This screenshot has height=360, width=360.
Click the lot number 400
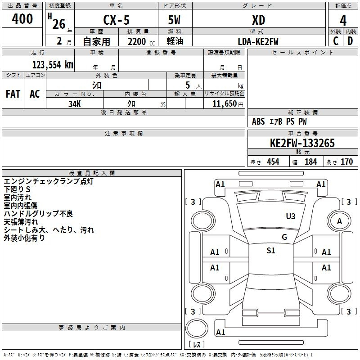click(x=22, y=18)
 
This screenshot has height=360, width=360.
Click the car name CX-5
click(x=116, y=20)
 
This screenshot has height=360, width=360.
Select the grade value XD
click(x=258, y=20)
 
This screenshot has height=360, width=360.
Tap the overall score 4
click(x=343, y=21)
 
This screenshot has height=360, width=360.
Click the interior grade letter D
click(x=350, y=41)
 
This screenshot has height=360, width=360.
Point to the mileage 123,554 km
click(x=53, y=65)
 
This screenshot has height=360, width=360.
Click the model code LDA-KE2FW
click(x=258, y=41)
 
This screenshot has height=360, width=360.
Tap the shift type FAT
click(x=13, y=94)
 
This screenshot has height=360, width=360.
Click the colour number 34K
click(x=75, y=104)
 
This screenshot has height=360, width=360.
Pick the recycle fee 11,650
click(x=224, y=103)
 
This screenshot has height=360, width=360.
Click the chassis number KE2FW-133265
click(x=302, y=143)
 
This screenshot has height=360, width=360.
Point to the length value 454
click(x=273, y=162)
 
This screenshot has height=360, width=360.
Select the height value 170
click(x=346, y=162)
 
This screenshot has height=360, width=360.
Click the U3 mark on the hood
click(x=291, y=216)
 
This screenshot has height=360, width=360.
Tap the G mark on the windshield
click(x=284, y=237)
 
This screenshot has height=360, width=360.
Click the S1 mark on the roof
click(x=271, y=251)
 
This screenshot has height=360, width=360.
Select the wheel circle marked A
click(x=339, y=221)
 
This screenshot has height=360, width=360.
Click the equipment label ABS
click(x=258, y=121)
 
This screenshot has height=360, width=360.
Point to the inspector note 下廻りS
click(x=17, y=189)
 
